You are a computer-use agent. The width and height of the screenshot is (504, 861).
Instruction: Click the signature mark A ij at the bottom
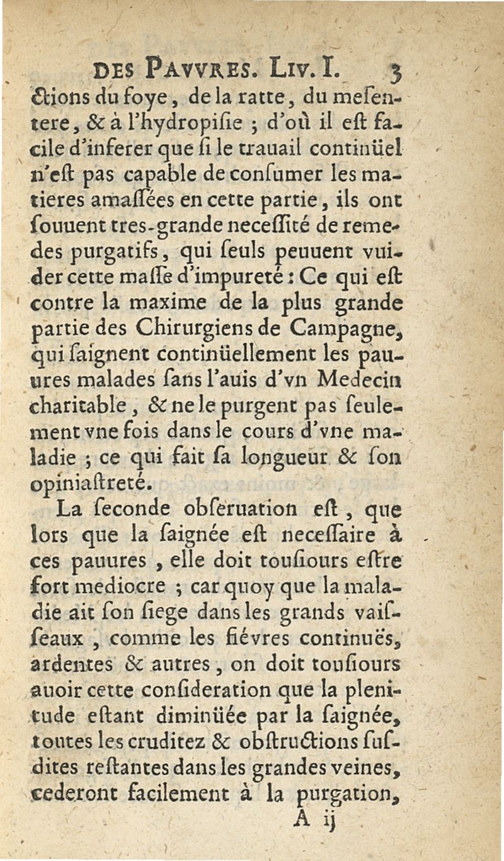(x=312, y=820)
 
